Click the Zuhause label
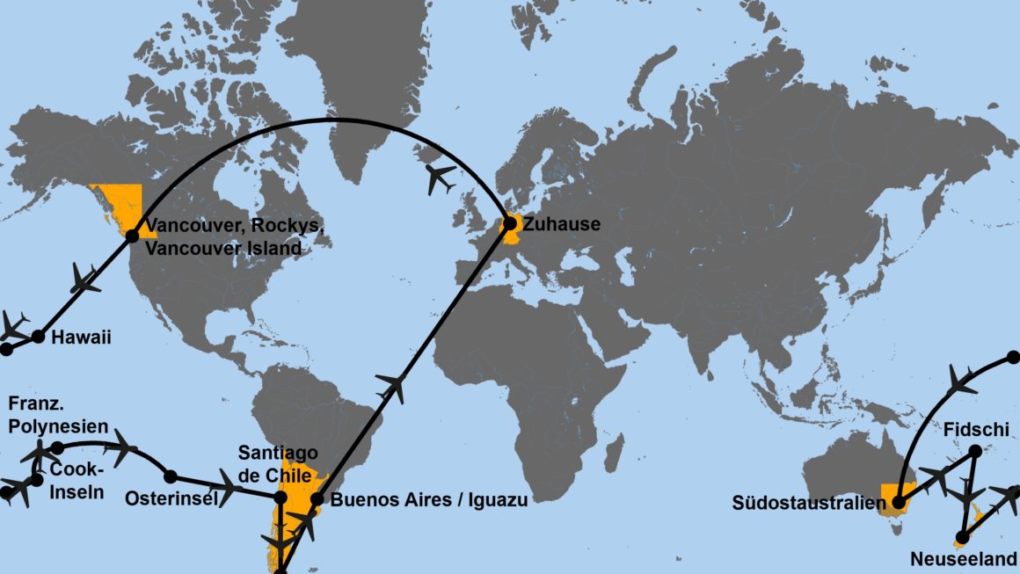[561, 224]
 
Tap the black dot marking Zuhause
[509, 224]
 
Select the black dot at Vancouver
[132, 236]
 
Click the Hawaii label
[81, 337]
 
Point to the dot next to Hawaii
[38, 336]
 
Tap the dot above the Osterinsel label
[171, 476]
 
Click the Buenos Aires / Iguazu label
[428, 500]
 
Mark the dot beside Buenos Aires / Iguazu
[317, 499]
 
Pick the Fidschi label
[975, 431]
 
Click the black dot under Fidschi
[975, 452]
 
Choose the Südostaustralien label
[806, 504]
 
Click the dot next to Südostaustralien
[898, 504]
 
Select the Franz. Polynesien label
[57, 414]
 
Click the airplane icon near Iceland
[441, 178]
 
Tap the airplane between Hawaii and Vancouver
[85, 279]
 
